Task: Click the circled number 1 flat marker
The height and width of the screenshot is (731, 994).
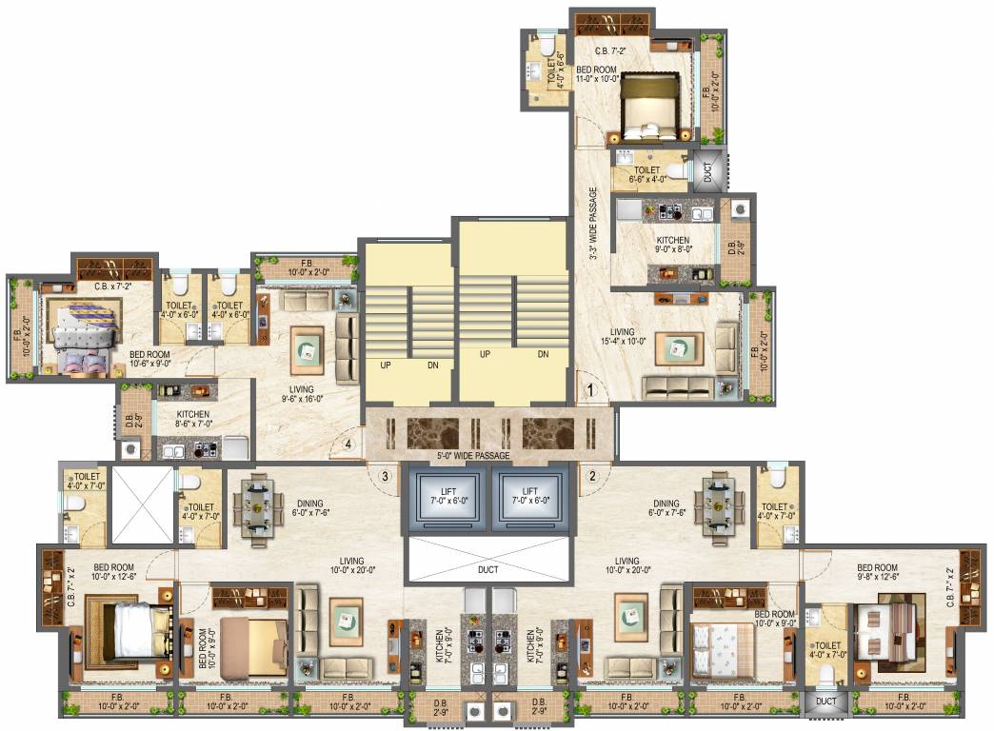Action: tap(590, 389)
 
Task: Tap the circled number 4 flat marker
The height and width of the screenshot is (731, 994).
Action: tap(349, 443)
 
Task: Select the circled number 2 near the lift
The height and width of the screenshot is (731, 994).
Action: tap(590, 476)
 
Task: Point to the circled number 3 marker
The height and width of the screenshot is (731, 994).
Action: tap(386, 476)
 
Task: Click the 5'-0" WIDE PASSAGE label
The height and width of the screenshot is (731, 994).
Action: tap(472, 456)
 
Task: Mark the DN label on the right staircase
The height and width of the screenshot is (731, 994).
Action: tap(544, 353)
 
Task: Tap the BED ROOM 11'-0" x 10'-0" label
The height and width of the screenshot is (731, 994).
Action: tap(596, 74)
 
